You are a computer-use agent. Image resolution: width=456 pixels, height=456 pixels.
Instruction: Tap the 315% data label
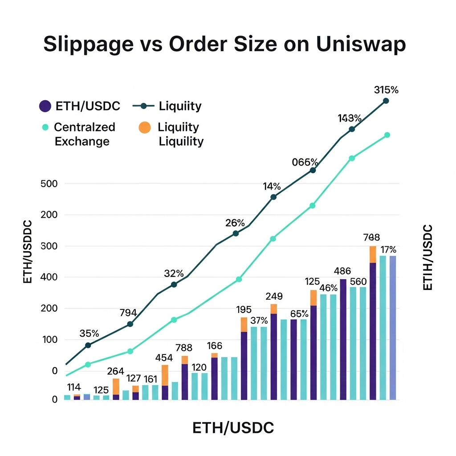pos(386,90)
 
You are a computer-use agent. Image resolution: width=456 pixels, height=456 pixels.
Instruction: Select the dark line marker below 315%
pos(386,101)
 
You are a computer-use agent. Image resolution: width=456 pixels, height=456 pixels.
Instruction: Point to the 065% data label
pos(305,162)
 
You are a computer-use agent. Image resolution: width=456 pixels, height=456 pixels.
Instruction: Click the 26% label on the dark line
pos(235,223)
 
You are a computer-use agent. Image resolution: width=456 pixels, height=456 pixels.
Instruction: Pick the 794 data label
pos(128,313)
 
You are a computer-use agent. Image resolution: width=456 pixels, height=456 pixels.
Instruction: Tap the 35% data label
pos(89,334)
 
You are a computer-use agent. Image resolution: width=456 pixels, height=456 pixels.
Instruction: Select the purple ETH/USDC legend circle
pos(45,106)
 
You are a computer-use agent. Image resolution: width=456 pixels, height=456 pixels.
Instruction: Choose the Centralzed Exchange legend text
pos(83,134)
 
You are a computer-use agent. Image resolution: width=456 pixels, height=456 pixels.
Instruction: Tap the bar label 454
pos(164,358)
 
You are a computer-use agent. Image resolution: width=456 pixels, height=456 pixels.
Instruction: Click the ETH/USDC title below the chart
pos(233,428)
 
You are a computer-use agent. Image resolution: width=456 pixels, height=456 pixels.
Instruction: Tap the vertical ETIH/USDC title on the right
pos(427,257)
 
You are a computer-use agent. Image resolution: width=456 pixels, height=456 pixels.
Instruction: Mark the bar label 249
pos(274,297)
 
